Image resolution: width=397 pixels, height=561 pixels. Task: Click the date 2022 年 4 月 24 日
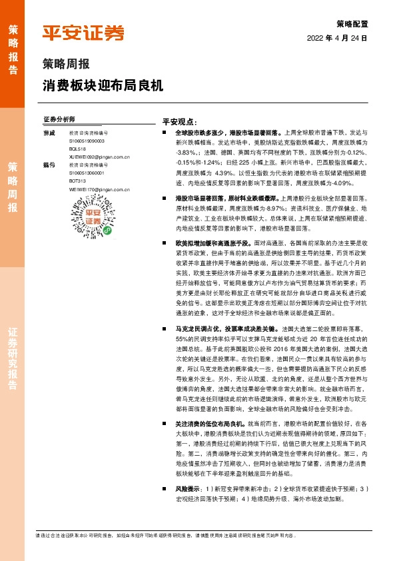click(x=337, y=38)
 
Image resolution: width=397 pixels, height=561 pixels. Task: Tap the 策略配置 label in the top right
click(x=352, y=23)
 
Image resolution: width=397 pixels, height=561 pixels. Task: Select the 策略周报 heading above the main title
click(x=64, y=65)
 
